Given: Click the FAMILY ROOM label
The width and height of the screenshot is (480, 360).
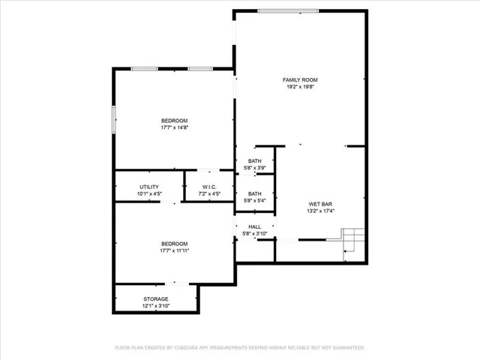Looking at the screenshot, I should point(300,79).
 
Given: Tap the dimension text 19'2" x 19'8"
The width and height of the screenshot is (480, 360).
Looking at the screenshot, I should point(300,87).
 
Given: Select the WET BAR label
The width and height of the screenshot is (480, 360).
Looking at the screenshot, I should point(319,204).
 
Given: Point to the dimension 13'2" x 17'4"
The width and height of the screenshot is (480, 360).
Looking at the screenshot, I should point(319,211).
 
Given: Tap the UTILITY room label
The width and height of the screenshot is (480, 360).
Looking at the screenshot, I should point(149,187).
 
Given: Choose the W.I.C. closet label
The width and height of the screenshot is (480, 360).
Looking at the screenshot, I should point(209,187).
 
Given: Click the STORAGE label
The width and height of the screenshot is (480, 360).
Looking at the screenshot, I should point(156,298).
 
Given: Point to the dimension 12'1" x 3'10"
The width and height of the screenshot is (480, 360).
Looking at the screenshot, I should point(156,306).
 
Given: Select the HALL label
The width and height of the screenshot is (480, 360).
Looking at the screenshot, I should point(254,226).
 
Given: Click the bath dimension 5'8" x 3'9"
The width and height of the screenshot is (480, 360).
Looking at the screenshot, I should point(255,168).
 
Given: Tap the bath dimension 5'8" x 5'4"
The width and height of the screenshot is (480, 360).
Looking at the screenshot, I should point(255,201).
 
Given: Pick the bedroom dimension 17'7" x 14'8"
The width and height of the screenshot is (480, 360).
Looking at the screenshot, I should point(174,127).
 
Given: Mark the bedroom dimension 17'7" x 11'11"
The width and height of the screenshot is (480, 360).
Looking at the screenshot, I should point(174,250).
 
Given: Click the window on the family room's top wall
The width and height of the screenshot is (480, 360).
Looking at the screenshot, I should point(285,10).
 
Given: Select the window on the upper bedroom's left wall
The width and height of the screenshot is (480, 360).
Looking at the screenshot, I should point(114,118).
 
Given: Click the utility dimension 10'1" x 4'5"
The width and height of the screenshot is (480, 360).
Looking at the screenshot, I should point(149,194).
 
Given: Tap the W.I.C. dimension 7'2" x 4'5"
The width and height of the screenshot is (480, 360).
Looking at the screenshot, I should point(209,194).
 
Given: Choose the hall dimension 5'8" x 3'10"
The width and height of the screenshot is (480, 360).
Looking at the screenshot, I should point(255,233).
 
